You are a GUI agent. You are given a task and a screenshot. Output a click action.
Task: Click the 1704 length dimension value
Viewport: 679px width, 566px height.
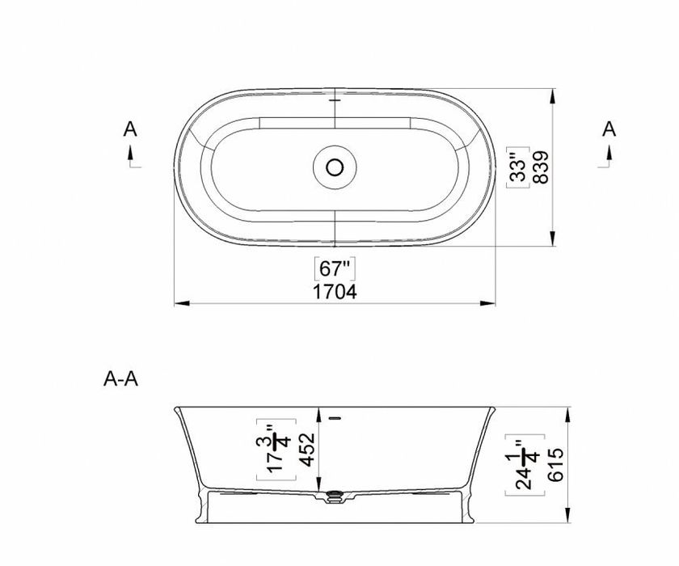335,292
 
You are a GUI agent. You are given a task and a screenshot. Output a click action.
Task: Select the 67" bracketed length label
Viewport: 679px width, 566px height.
335,268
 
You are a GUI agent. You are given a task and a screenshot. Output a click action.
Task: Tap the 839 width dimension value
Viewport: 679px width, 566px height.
541,167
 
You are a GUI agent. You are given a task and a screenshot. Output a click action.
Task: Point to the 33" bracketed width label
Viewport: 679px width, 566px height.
518,167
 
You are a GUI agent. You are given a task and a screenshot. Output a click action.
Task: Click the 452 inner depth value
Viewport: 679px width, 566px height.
307,450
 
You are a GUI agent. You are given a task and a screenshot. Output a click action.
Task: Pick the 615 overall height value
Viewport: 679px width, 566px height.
555,465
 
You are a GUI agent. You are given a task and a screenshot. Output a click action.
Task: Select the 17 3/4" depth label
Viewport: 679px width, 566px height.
276,450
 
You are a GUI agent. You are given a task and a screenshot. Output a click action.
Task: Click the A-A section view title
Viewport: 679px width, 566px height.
120,379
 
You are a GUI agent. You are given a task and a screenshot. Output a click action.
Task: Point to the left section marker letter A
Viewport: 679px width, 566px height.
130,129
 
